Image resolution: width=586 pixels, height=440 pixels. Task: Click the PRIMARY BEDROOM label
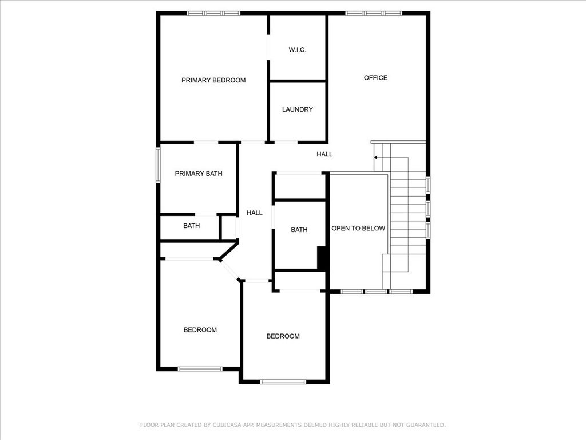[213, 80]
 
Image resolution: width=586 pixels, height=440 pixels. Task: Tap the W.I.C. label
[298, 49]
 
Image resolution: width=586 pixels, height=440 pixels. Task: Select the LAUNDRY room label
[298, 109]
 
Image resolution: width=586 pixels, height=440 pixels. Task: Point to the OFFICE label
[375, 77]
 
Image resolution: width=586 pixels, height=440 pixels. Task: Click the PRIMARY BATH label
[199, 173]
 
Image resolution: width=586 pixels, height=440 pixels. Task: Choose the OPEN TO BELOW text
[358, 228]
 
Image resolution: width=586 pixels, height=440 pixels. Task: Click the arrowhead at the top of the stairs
[375, 158]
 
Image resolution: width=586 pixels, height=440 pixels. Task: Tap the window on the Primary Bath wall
[158, 164]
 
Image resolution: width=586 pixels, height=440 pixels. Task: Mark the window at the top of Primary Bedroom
[213, 14]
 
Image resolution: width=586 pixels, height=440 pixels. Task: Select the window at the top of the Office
[374, 14]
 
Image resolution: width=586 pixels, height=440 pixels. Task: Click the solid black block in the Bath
[322, 257]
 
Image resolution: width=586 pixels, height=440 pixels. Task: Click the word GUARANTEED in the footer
[426, 425]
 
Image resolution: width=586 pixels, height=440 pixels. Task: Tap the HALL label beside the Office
[324, 154]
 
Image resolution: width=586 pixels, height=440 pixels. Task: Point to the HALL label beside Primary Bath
[254, 213]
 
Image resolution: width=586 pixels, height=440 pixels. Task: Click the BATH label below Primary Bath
[191, 226]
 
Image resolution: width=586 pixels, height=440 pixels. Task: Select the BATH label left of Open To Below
[299, 229]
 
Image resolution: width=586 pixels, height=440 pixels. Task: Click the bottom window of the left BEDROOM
[200, 369]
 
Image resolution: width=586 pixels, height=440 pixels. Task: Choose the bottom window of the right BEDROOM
[283, 382]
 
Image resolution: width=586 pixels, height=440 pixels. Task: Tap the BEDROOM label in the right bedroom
[283, 336]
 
